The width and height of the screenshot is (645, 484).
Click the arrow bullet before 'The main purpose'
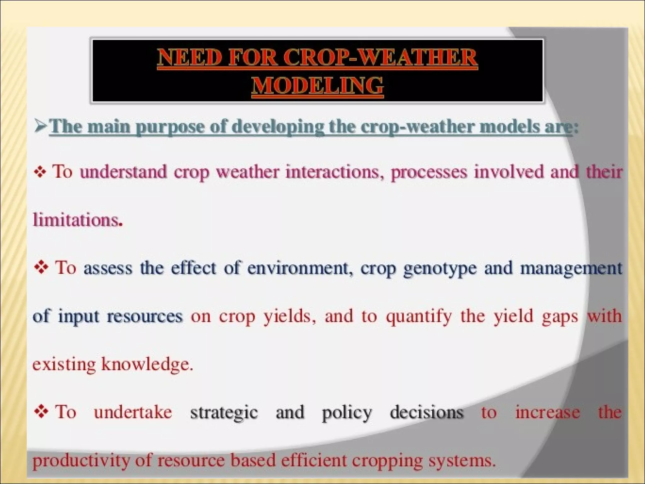41,127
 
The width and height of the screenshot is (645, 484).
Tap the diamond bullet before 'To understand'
40,172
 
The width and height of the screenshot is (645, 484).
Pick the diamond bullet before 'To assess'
41,268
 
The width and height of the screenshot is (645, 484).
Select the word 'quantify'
419,316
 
